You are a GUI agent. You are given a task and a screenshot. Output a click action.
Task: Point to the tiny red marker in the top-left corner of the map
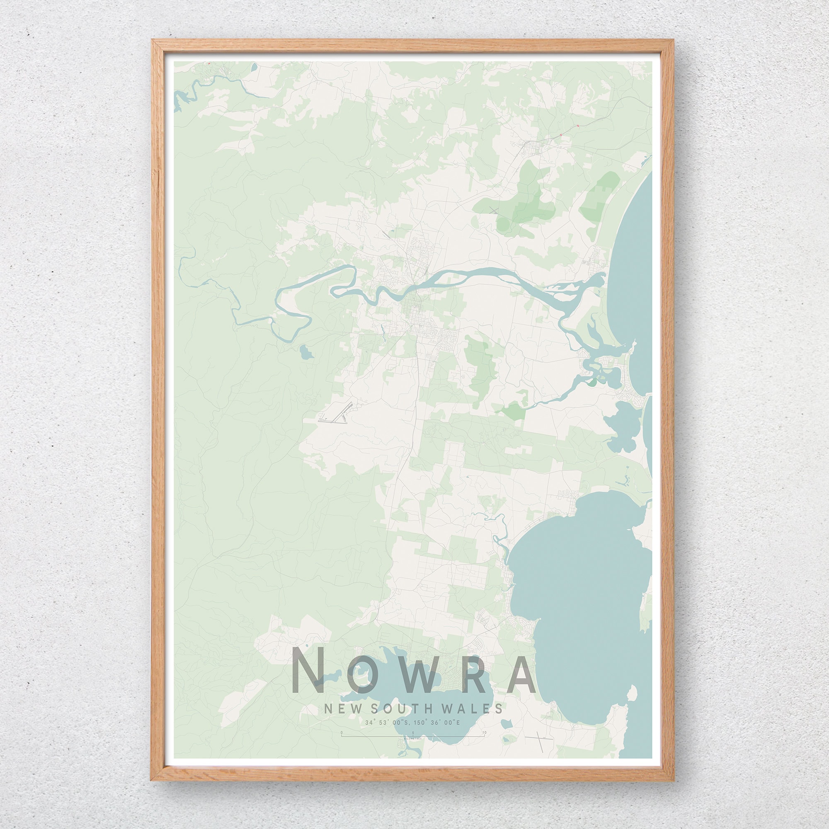tap(209, 63)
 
